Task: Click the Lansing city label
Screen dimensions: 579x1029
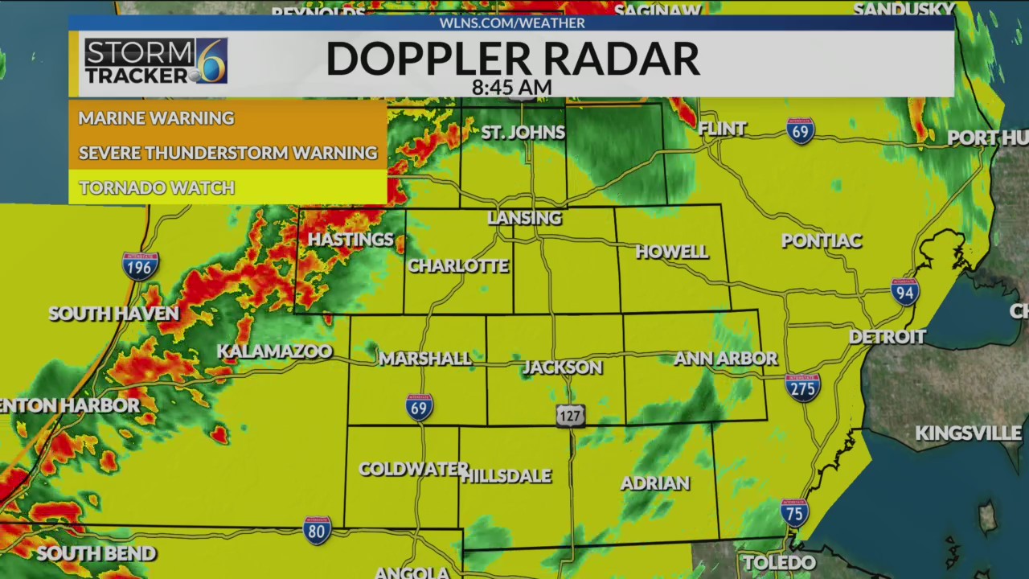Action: (524, 218)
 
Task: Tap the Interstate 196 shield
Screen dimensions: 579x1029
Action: (140, 265)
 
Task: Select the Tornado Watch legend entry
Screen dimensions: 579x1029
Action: (157, 188)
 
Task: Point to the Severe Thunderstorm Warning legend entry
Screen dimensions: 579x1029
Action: (228, 153)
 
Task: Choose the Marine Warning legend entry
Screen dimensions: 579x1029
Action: (156, 118)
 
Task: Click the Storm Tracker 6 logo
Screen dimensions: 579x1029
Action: (156, 61)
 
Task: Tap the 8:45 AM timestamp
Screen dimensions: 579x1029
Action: (512, 87)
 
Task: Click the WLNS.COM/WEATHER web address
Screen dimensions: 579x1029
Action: (512, 23)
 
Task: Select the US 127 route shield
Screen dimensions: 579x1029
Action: (570, 415)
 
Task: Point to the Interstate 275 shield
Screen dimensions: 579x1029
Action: (802, 387)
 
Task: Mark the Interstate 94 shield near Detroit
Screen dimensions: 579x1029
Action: (905, 292)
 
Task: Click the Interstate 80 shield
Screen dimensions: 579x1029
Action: (318, 530)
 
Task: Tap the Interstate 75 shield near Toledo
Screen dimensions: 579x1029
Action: (794, 512)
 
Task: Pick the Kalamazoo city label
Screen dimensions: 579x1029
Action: (274, 351)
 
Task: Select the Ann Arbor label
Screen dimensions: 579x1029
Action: (725, 359)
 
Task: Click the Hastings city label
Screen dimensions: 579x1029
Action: (351, 240)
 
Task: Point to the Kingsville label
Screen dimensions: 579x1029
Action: (968, 433)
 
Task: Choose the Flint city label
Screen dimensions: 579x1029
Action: (722, 129)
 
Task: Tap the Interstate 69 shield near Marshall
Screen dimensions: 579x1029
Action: (419, 407)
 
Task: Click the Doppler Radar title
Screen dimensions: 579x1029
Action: (512, 59)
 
